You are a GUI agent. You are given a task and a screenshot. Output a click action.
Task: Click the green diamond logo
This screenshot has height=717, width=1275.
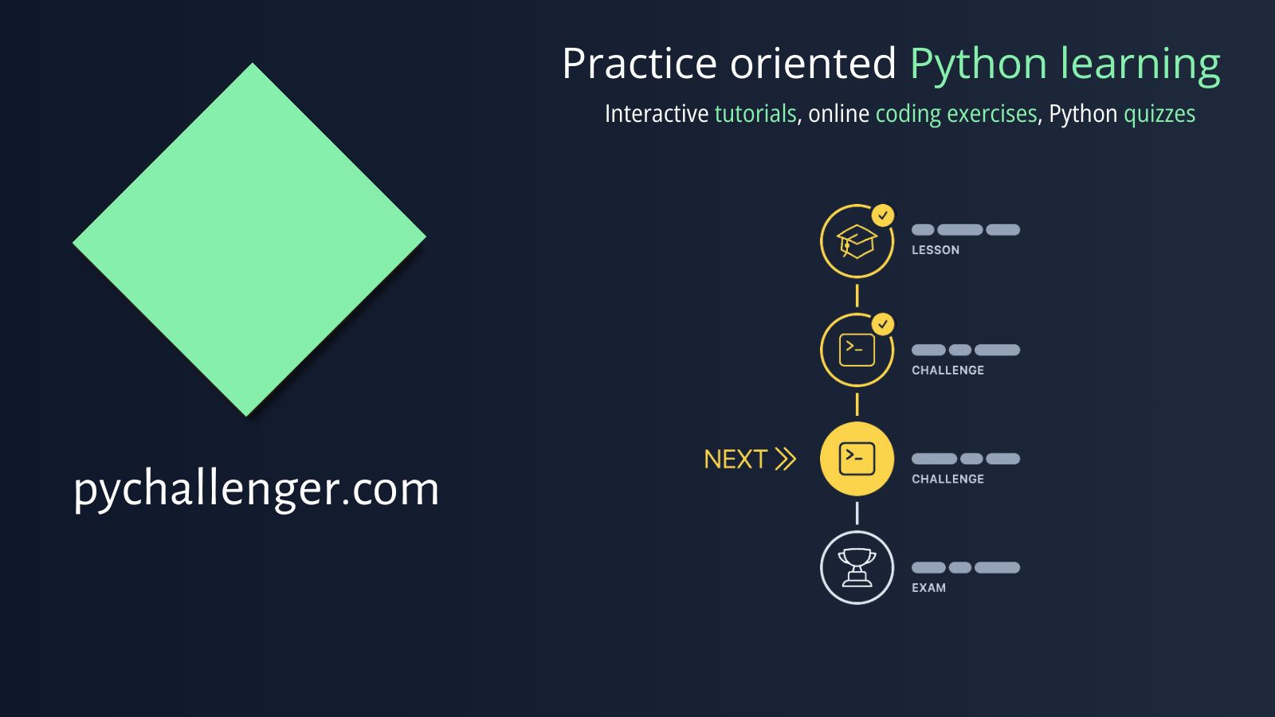point(249,239)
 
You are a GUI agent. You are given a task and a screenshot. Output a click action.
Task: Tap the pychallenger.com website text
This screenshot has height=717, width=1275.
point(256,488)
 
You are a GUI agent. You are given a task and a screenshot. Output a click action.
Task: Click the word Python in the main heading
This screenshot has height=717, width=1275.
point(978,64)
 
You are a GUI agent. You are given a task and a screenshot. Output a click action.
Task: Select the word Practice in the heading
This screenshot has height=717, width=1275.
point(639,64)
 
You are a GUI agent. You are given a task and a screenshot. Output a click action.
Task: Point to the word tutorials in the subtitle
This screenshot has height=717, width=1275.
point(755,114)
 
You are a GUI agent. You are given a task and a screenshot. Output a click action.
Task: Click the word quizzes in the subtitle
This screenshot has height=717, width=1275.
point(1159,114)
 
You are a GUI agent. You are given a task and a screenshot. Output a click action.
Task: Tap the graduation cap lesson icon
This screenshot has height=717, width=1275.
point(857,241)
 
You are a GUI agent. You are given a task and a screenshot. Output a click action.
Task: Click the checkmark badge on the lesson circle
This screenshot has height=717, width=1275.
point(883,215)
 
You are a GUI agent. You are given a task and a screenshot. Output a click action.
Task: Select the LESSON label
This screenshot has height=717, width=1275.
point(936,250)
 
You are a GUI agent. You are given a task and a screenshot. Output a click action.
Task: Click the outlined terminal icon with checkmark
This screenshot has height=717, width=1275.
point(857,350)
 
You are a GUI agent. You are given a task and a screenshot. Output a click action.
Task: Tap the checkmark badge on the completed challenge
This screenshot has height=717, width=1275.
point(883,323)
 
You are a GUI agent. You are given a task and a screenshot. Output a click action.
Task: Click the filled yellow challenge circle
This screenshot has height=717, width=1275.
point(857,459)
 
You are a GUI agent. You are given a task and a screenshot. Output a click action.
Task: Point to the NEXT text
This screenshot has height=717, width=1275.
point(736,459)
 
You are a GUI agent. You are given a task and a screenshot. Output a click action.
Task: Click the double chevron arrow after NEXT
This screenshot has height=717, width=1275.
point(785,459)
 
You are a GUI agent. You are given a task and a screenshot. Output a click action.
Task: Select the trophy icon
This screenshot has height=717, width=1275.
point(857,567)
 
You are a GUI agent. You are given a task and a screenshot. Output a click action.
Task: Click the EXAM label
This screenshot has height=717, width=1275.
point(928,588)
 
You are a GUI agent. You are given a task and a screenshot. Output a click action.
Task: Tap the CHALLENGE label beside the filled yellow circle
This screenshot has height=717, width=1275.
point(947,479)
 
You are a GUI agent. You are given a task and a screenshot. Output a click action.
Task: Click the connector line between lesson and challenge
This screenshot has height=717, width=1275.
point(857,296)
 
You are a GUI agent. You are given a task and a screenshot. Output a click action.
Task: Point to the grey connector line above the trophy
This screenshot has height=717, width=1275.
point(857,513)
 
